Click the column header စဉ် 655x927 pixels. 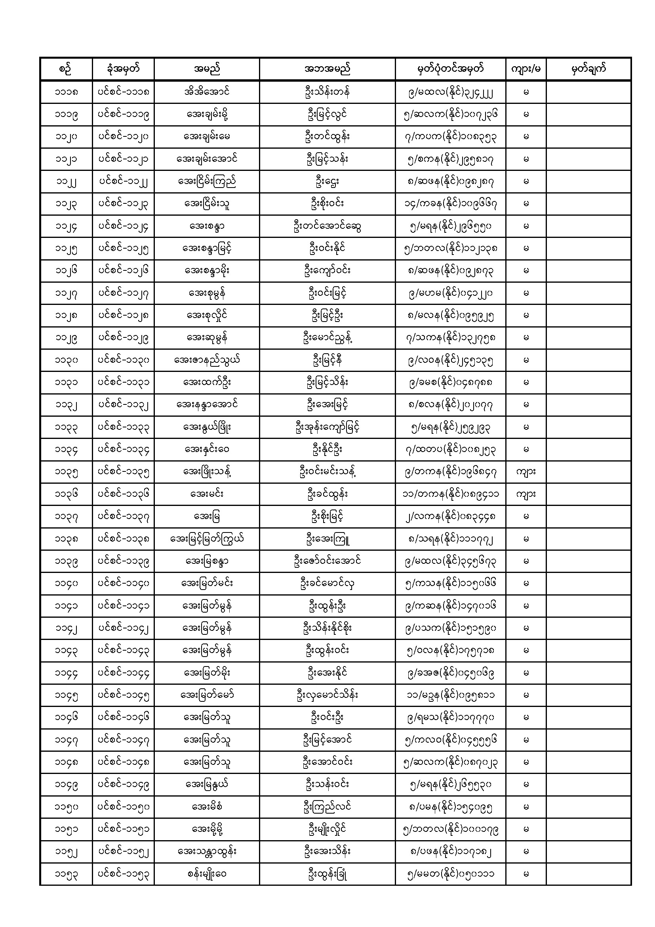coord(66,69)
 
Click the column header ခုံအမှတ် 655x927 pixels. coord(123,69)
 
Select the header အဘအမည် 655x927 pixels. coord(327,69)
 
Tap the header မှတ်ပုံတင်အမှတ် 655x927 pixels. coord(450,69)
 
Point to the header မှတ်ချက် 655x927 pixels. coord(588,69)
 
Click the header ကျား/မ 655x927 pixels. coord(526,69)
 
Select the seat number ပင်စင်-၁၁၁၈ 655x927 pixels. coord(123,92)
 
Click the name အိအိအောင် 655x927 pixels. coord(206,92)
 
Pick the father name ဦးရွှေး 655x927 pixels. coord(327,182)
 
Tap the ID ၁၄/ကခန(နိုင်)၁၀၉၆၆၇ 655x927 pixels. coord(450,204)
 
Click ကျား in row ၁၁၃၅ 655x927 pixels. coord(526,471)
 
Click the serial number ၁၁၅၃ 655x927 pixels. coord(66,875)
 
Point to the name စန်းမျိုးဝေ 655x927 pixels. coord(206,875)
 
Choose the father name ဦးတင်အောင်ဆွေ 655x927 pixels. coord(327,226)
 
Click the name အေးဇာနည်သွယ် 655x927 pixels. coord(206,360)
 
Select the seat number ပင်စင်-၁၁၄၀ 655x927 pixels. coord(123,583)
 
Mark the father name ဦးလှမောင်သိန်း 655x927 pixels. coord(327,695)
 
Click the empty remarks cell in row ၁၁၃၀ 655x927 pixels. coord(588,360)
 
